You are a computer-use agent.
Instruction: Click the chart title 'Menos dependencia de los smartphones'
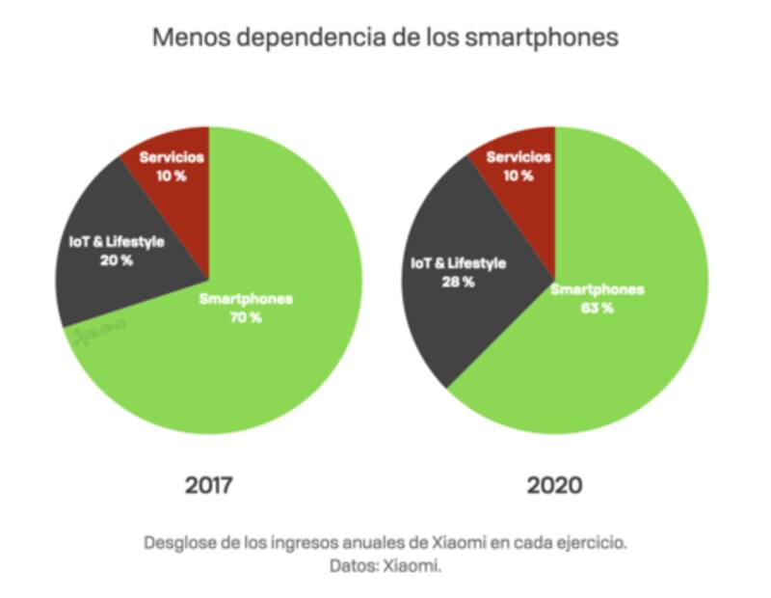point(385,39)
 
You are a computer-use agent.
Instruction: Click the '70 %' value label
point(245,317)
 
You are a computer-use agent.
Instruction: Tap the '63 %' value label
point(598,308)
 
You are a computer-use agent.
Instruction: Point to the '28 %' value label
point(457,282)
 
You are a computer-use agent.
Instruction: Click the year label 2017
point(209,484)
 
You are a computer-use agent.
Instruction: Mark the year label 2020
point(554,484)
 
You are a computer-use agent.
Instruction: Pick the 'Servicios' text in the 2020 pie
point(518,157)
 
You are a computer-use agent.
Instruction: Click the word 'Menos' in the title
point(185,39)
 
